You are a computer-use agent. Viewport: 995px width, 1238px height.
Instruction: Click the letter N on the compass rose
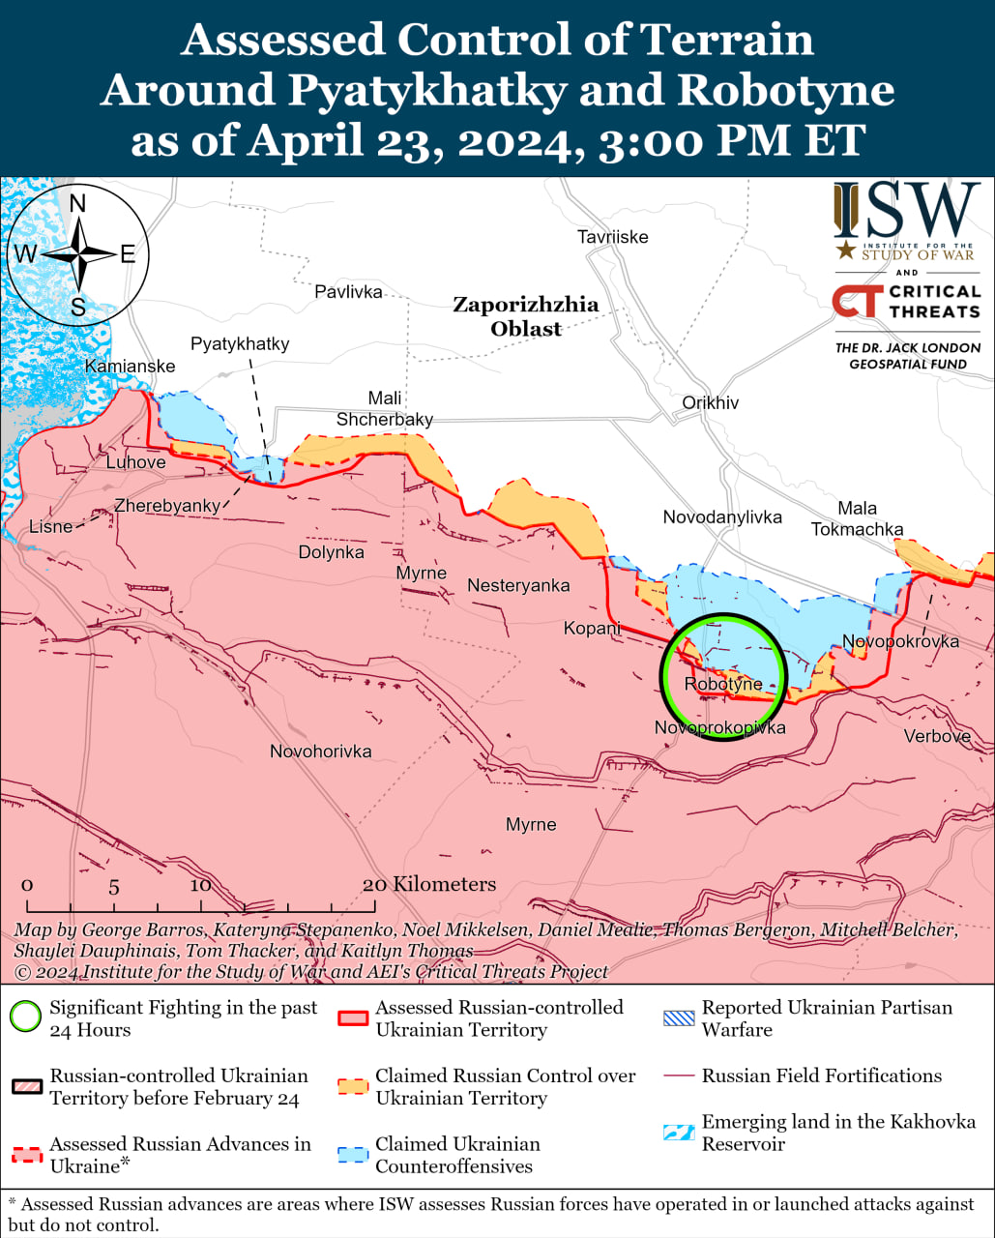point(78,203)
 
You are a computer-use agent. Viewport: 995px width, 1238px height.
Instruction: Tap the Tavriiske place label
point(612,237)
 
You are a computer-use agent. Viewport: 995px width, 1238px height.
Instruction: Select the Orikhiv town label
point(710,402)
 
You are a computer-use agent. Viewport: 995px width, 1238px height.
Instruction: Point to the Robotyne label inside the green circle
point(722,685)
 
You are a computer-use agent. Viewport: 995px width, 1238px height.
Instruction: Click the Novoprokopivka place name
point(719,727)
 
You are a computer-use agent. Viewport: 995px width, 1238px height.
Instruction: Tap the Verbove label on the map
point(936,736)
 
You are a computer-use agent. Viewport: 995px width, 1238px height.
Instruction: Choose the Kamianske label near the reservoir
point(130,366)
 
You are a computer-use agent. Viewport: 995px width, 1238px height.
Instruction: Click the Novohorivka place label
point(320,752)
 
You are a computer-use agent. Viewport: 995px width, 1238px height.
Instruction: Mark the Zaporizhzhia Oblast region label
point(526,316)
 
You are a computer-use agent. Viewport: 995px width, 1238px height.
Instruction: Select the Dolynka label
point(331,552)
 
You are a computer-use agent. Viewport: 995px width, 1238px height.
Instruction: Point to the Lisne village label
point(50,526)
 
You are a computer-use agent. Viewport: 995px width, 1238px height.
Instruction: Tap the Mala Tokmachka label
point(857,518)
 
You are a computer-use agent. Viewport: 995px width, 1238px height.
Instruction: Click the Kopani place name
point(592,629)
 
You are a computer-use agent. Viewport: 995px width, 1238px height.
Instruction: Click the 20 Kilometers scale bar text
point(428,884)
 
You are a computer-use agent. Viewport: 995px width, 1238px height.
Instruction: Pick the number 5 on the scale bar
point(114,886)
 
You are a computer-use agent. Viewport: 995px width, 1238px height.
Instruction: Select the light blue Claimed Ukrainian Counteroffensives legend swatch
point(353,1154)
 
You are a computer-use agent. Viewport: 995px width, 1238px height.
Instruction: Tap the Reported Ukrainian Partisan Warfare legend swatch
point(679,1017)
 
